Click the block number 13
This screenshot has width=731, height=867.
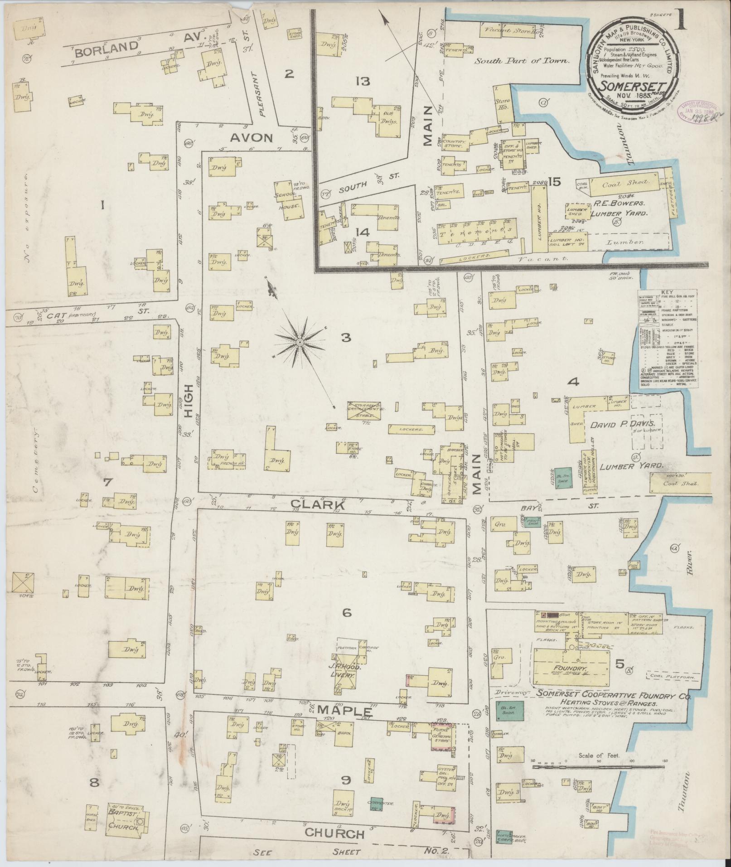(363, 82)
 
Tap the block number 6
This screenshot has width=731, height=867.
(347, 613)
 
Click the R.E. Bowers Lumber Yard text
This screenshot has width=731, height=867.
(620, 208)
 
